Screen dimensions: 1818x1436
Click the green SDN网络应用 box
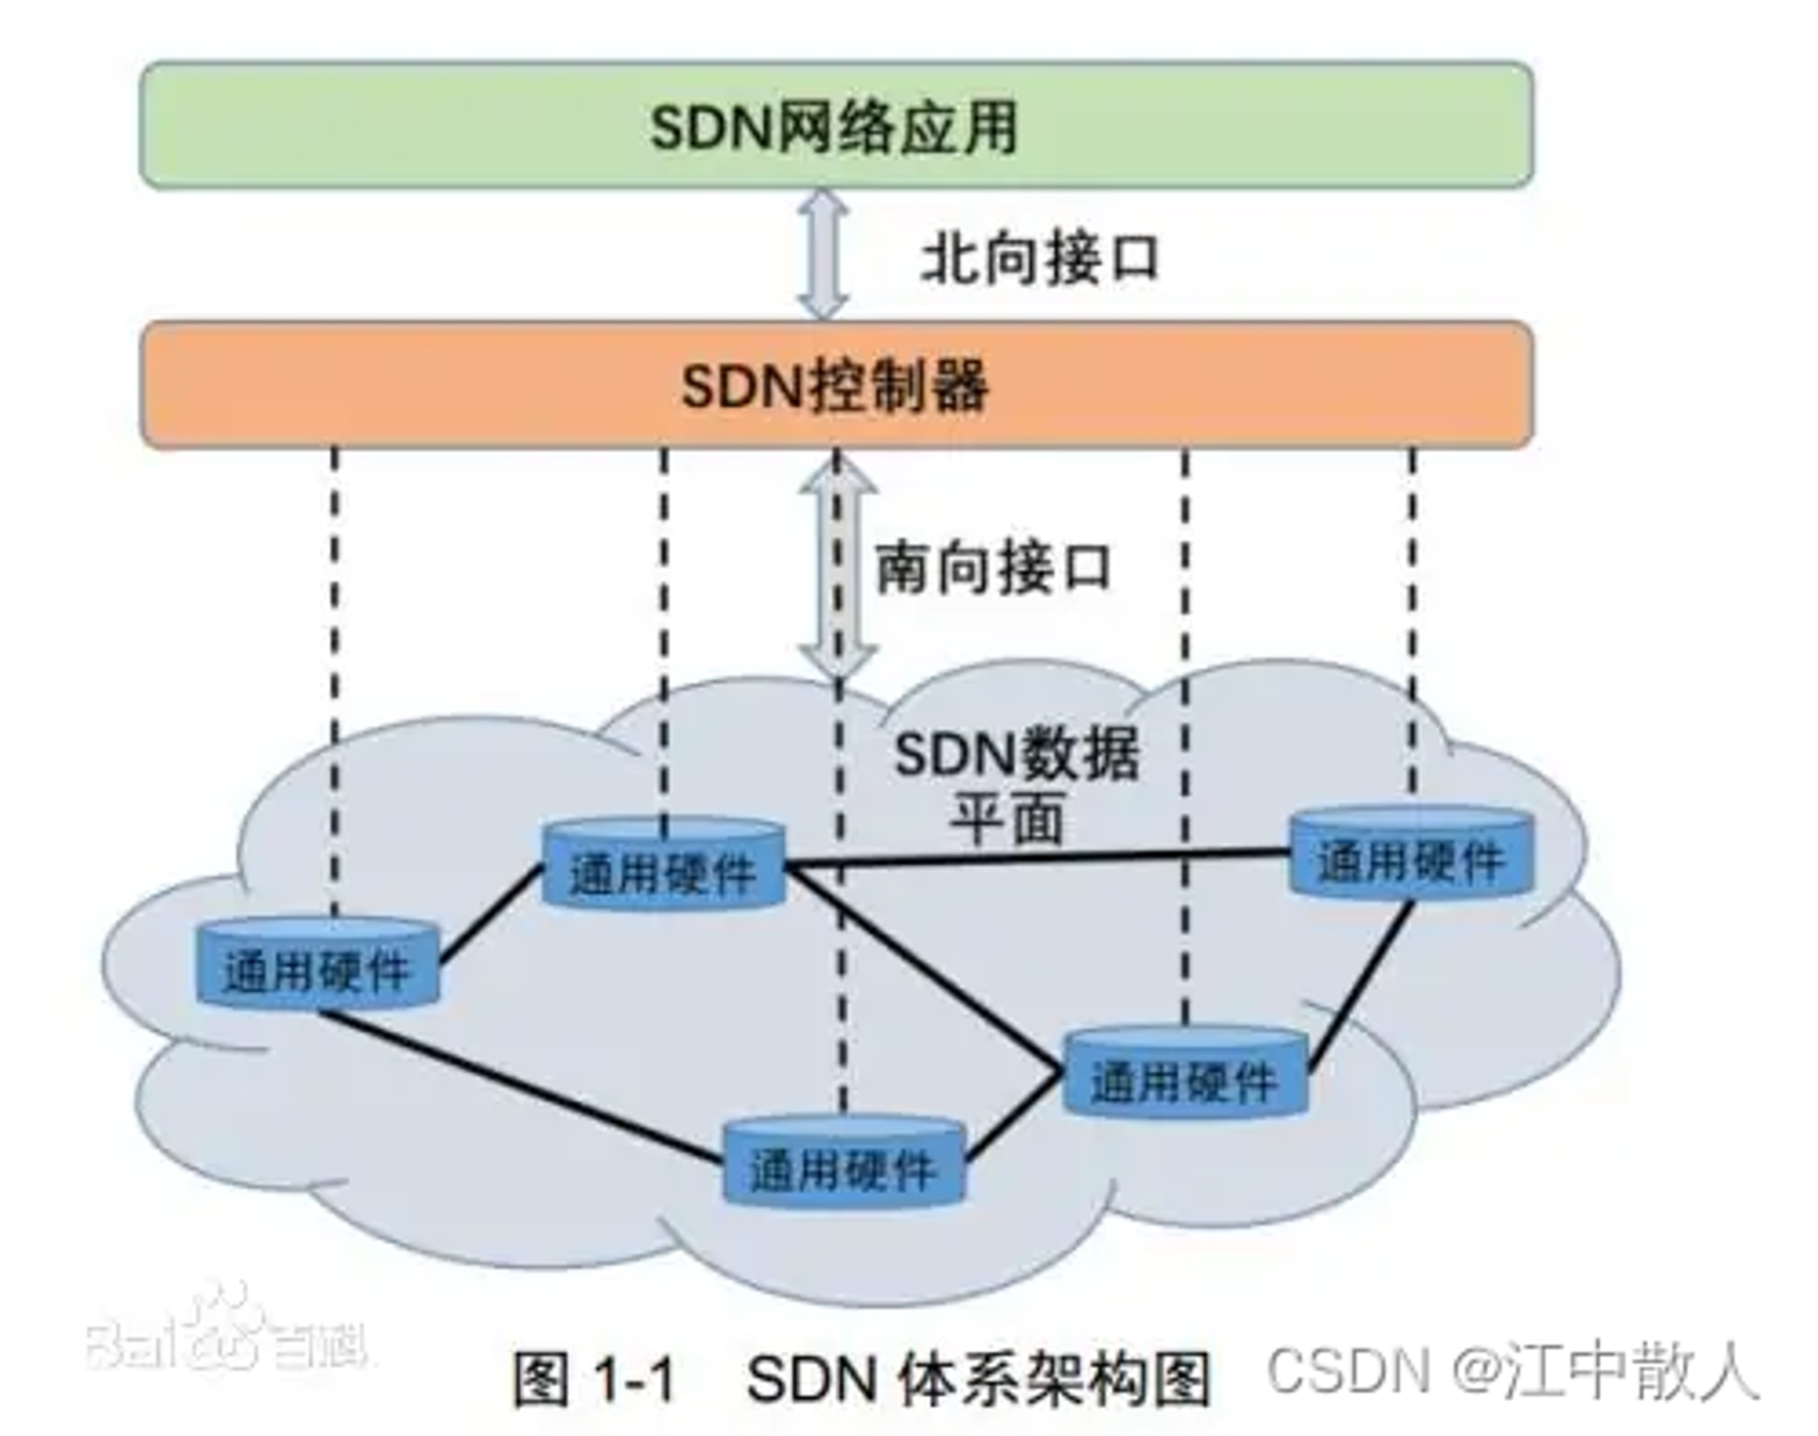point(836,125)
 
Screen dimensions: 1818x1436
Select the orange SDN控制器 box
point(836,384)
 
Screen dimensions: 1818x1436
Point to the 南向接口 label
point(993,567)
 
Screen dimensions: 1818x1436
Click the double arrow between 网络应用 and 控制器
point(823,254)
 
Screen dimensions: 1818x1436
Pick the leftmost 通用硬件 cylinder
point(318,963)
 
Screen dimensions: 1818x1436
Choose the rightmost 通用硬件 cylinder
point(1412,853)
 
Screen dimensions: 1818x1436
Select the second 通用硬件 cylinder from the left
point(663,864)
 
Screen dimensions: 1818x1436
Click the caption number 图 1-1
point(595,1378)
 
